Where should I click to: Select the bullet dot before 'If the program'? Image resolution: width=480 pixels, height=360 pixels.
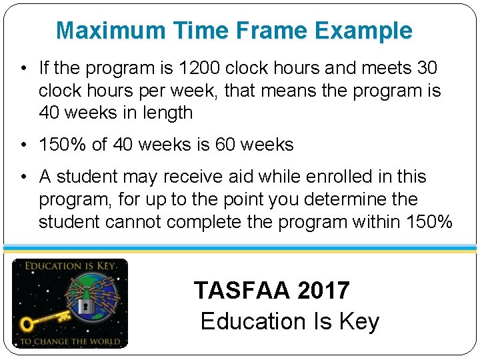pos(23,69)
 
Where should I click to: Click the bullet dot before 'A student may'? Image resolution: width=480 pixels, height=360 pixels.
pos(23,177)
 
